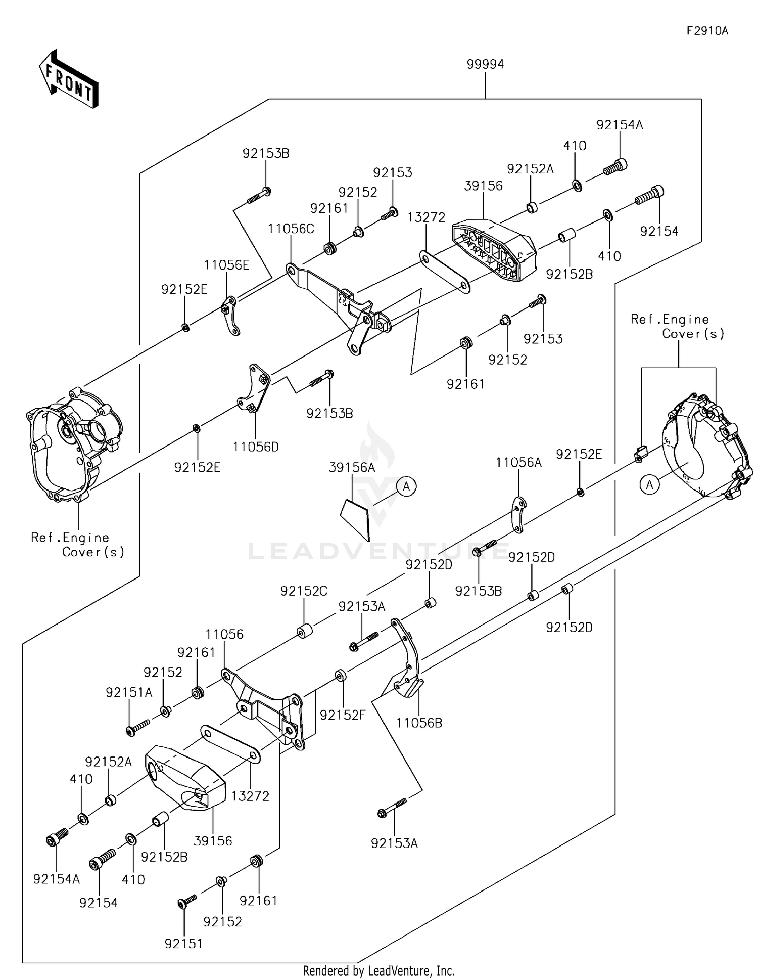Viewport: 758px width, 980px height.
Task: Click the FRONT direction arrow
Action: [69, 79]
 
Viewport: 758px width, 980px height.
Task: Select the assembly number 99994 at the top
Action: [485, 64]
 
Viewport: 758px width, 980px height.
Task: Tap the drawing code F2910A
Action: [707, 31]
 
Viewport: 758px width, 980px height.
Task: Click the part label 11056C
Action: [291, 229]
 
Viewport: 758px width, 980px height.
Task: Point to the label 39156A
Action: [352, 468]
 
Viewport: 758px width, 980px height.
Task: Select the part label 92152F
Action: [342, 715]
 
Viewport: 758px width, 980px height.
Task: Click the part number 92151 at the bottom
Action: [183, 944]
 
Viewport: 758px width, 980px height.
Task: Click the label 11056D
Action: [256, 447]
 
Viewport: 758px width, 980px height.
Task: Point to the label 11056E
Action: [226, 265]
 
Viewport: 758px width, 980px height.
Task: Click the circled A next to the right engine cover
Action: [649, 485]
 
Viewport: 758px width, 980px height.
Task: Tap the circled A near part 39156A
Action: [406, 487]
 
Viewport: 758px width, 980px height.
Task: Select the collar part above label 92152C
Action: [304, 632]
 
